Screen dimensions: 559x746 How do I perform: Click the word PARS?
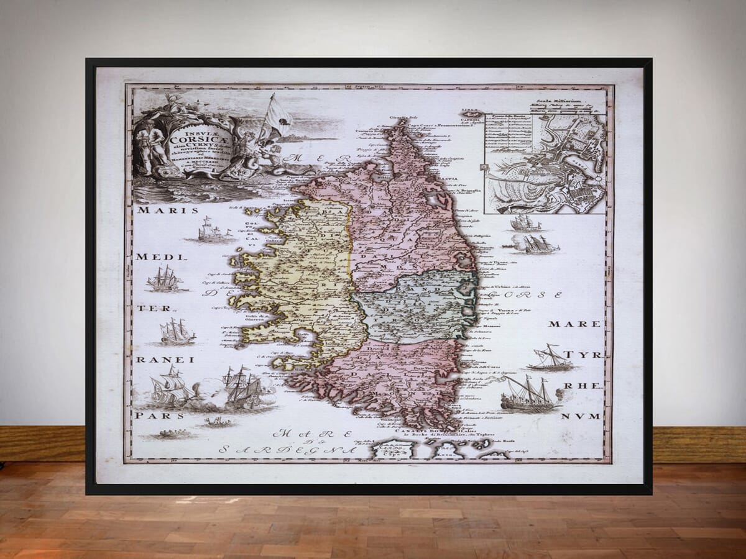pos(152,414)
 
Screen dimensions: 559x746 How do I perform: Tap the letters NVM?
pos(580,416)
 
